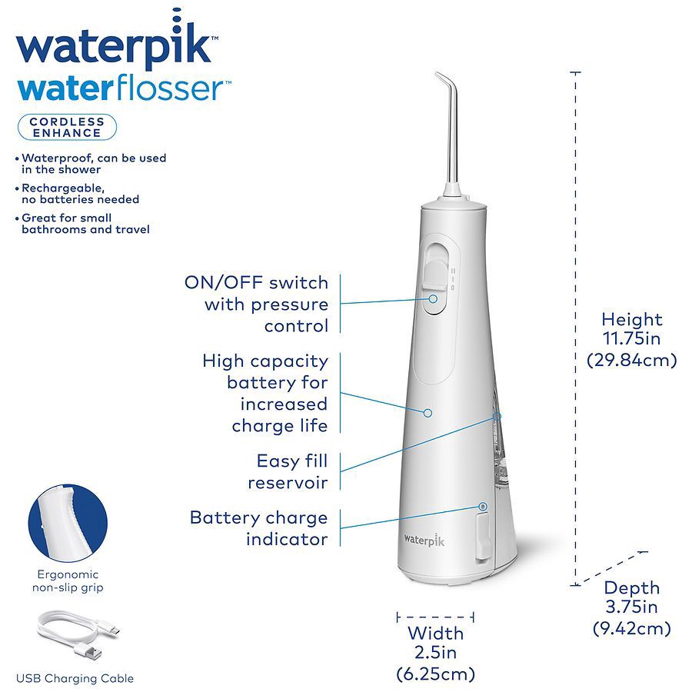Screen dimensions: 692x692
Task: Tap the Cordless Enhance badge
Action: [67, 127]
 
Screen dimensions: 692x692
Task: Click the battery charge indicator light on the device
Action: [483, 506]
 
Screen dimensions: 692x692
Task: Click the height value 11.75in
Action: [631, 339]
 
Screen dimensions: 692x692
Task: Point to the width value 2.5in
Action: [435, 654]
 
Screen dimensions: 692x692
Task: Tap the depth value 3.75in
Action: [631, 608]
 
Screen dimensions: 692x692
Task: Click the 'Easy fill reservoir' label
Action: [291, 471]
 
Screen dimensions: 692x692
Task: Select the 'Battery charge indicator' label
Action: [258, 528]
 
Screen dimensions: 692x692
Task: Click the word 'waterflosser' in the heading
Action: [119, 87]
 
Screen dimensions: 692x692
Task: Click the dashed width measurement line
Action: [435, 617]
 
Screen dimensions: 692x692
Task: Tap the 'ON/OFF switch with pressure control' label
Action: [257, 304]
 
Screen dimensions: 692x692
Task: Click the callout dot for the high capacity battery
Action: [429, 413]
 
